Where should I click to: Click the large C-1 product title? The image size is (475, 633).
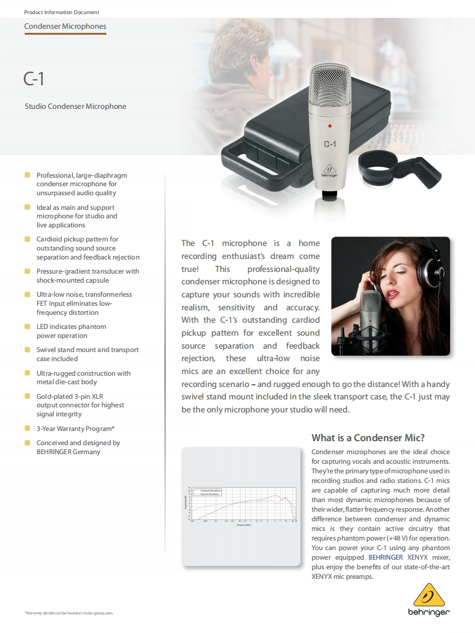tap(34, 79)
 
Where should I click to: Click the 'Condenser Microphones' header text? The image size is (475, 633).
tap(65, 27)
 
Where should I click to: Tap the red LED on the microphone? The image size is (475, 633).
tap(330, 125)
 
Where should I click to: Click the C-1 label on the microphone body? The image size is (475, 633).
tap(330, 144)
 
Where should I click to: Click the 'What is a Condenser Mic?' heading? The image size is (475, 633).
tap(368, 438)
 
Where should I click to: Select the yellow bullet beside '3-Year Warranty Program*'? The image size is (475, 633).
tap(27, 429)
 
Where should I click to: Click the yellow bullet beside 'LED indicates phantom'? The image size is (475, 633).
tap(27, 327)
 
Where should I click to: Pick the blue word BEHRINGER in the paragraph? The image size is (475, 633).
tap(385, 557)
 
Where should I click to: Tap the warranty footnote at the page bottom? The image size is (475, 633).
tap(69, 613)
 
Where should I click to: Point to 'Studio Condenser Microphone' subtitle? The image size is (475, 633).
tap(76, 106)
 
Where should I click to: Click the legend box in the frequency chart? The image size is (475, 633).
tap(207, 492)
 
